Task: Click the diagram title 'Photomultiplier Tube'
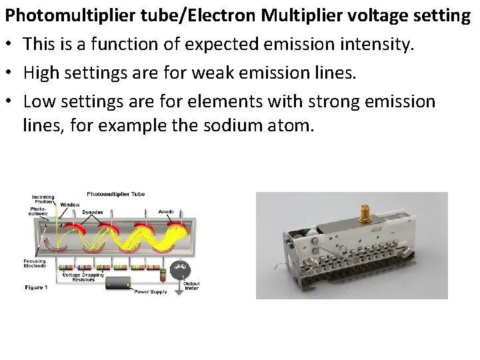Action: coord(115,194)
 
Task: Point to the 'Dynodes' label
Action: coord(92,212)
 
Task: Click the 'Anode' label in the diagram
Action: coord(166,212)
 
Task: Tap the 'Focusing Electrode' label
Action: coord(35,263)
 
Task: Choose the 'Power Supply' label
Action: coord(150,291)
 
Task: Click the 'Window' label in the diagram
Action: coord(69,205)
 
